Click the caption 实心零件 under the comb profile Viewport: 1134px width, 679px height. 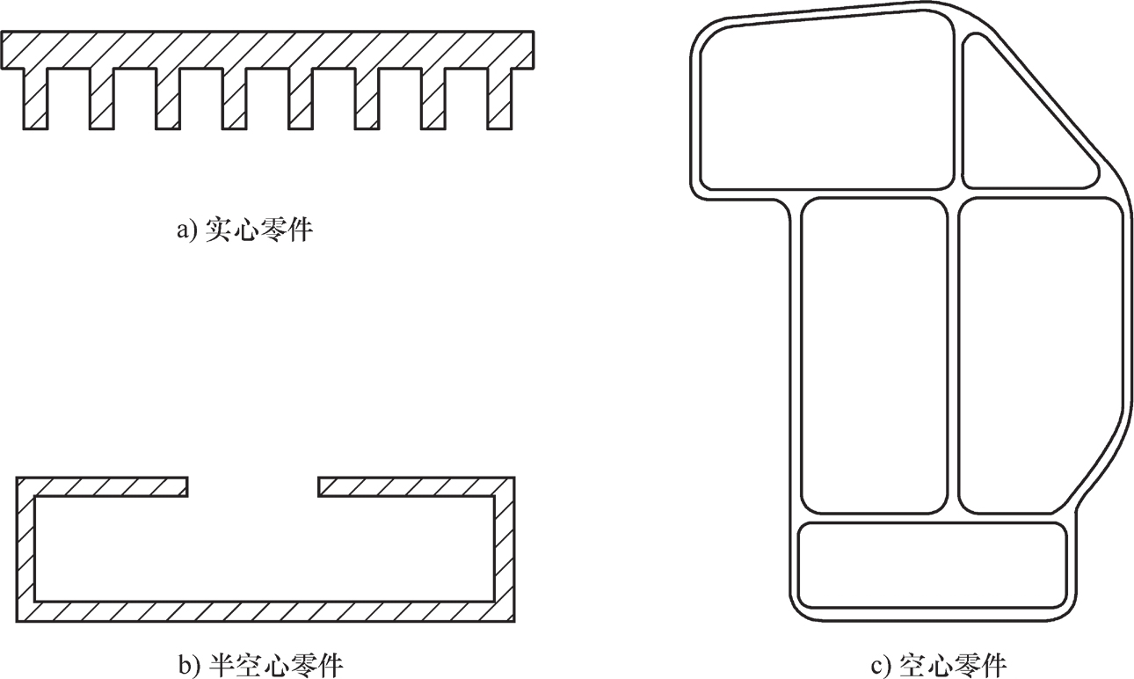[258, 231]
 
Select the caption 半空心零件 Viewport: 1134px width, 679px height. [274, 665]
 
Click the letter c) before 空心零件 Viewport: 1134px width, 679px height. [880, 665]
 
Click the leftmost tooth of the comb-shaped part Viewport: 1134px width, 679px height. [36, 99]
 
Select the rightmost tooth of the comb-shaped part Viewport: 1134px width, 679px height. [499, 99]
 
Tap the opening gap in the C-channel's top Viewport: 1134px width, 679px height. [253, 486]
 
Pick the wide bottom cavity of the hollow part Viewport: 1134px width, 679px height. [932, 565]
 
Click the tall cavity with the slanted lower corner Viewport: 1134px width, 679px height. [1037, 352]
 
